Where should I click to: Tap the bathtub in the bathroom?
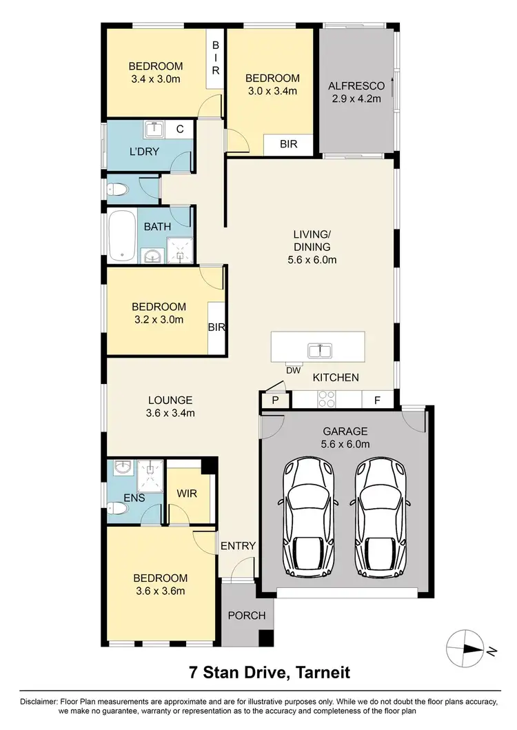point(122,236)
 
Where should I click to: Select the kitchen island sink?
point(318,350)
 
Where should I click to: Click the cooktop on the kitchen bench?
point(325,400)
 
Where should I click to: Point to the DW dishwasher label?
point(296,370)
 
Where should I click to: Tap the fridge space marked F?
point(377,401)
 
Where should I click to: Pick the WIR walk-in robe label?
point(187,494)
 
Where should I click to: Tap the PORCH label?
point(246,615)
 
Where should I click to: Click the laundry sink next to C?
point(154,129)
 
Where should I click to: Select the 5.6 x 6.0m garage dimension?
point(346,444)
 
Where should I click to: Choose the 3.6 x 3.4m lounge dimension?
point(170,413)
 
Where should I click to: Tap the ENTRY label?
point(238,545)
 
